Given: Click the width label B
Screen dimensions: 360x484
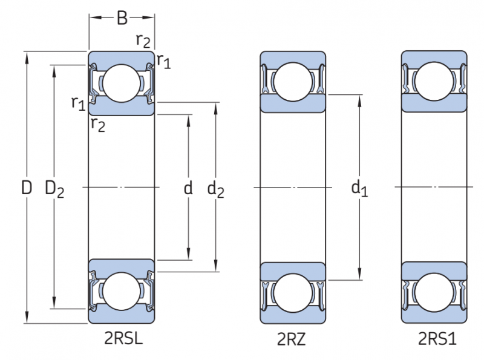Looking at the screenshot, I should pyautogui.click(x=122, y=19).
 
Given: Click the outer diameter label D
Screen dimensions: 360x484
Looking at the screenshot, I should pyautogui.click(x=26, y=188).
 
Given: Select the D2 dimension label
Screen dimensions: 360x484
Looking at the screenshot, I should pyautogui.click(x=54, y=189).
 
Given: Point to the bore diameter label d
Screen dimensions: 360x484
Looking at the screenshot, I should pyautogui.click(x=188, y=189).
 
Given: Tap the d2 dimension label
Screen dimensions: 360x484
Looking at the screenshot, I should pyautogui.click(x=215, y=189).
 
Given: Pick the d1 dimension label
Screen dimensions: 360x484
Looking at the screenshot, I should pyautogui.click(x=359, y=189).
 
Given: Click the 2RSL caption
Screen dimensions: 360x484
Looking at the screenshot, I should pyautogui.click(x=123, y=338).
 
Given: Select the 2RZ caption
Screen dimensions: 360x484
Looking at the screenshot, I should pyautogui.click(x=292, y=339).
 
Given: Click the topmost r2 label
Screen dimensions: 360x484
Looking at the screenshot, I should pyautogui.click(x=143, y=41).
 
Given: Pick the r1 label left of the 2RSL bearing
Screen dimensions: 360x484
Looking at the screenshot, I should pyautogui.click(x=77, y=102).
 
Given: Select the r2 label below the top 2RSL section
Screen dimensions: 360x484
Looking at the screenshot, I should pyautogui.click(x=97, y=124).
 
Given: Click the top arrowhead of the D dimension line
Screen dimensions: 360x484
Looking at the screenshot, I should pyautogui.click(x=27, y=56).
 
